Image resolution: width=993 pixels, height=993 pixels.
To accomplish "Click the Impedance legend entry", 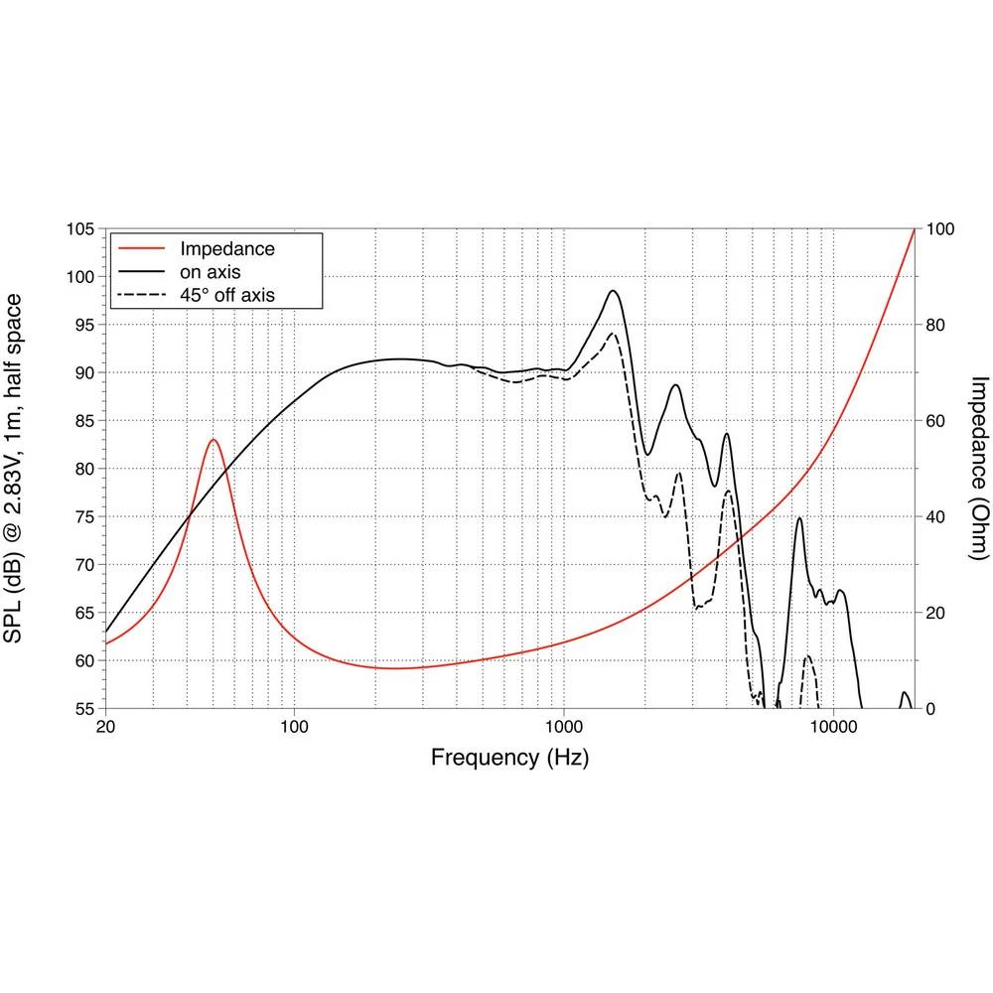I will [226, 248].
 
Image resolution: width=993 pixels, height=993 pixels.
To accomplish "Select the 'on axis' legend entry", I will [211, 271].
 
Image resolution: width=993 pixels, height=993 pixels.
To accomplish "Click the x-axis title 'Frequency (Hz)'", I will [509, 758].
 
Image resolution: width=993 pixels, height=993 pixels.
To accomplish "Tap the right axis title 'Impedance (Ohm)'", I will [979, 468].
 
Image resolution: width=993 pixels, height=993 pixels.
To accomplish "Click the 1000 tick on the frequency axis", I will [564, 727].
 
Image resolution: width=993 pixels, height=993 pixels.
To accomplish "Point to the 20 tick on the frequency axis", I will [105, 727].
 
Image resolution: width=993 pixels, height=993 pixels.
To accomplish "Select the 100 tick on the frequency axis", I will [295, 727].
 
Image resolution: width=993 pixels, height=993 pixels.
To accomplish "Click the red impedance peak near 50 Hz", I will [213, 439].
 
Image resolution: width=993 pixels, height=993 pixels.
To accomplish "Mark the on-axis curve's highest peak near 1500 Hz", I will [613, 291].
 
